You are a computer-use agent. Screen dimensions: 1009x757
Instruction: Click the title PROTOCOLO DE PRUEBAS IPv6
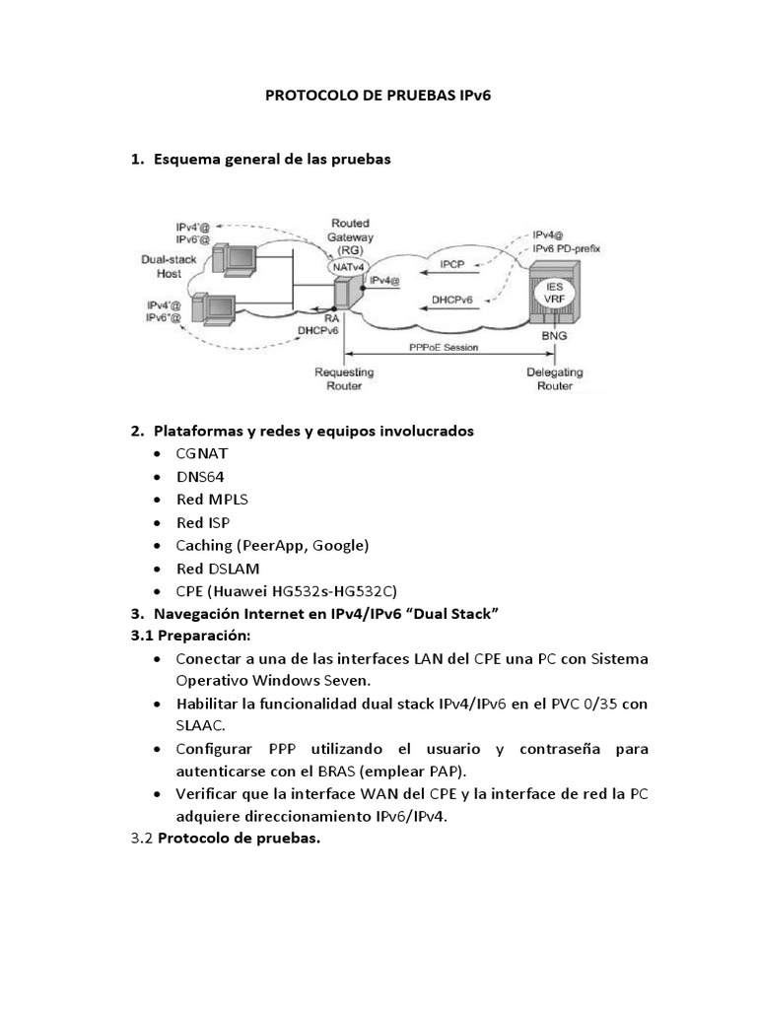click(x=379, y=97)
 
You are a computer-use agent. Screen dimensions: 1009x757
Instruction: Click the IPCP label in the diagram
click(x=452, y=265)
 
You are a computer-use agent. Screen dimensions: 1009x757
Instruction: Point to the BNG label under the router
click(x=555, y=336)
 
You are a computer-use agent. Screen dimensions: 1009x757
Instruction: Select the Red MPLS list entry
click(x=213, y=500)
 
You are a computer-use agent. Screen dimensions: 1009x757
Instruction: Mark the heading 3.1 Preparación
click(x=190, y=637)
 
